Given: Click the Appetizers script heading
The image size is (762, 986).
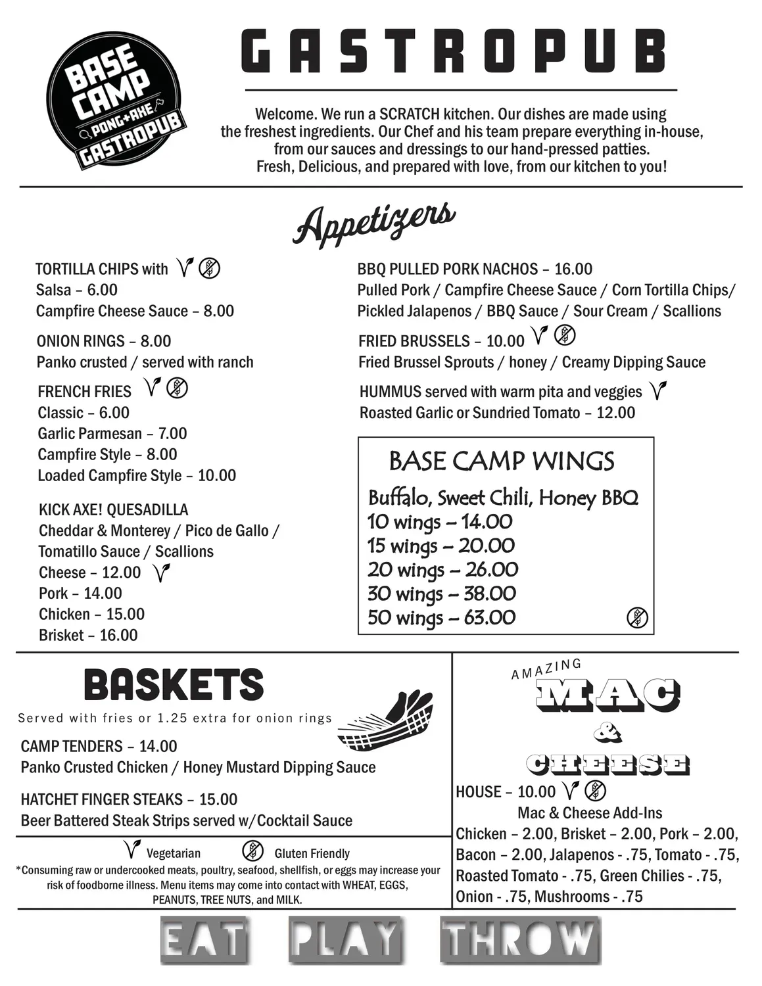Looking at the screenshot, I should [374, 223].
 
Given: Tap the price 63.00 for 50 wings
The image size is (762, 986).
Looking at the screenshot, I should [489, 618].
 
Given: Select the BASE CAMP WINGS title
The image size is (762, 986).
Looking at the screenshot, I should [502, 461].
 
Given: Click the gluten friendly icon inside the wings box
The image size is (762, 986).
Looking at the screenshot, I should [637, 618].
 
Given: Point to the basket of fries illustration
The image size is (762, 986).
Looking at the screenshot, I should [385, 721].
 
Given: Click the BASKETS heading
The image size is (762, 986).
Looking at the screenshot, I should [174, 685].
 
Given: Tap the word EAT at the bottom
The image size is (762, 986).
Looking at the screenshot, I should [204, 941].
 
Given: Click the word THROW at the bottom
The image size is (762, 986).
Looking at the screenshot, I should [520, 940].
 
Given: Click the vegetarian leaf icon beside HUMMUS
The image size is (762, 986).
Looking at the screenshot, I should [657, 391].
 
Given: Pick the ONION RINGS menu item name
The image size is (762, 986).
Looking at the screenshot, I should [80, 341].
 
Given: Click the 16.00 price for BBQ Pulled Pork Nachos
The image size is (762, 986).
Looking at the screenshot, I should [573, 269].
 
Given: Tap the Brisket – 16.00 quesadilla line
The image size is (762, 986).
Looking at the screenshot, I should [88, 635].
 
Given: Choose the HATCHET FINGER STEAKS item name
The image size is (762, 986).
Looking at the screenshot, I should [101, 799].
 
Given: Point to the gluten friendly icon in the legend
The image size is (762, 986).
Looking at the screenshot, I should [253, 851].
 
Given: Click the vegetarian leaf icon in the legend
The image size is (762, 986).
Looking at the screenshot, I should [132, 850].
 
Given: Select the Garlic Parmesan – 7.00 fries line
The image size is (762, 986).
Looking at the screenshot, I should [112, 434].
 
